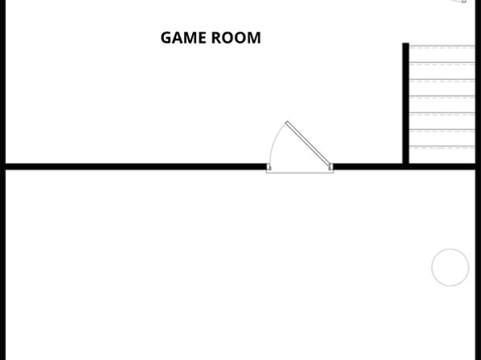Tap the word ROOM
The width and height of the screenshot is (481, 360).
236,38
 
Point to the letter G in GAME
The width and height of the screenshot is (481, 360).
166,38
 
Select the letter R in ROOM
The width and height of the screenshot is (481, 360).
216,38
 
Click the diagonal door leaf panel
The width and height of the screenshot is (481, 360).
308,144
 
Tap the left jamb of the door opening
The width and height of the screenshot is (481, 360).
269,167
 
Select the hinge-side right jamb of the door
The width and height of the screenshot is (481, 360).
331,167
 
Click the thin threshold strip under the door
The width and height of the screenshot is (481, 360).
299,172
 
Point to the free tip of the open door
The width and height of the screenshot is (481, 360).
287,123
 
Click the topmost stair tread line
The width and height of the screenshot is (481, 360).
442,46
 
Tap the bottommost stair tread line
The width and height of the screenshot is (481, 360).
442,146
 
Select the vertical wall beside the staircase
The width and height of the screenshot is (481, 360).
405,103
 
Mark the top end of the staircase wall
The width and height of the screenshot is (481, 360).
405,43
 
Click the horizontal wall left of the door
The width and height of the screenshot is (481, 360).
136,166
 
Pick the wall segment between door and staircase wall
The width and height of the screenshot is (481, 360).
368,166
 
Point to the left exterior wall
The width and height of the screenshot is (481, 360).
2,180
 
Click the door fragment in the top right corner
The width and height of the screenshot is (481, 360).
458,2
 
